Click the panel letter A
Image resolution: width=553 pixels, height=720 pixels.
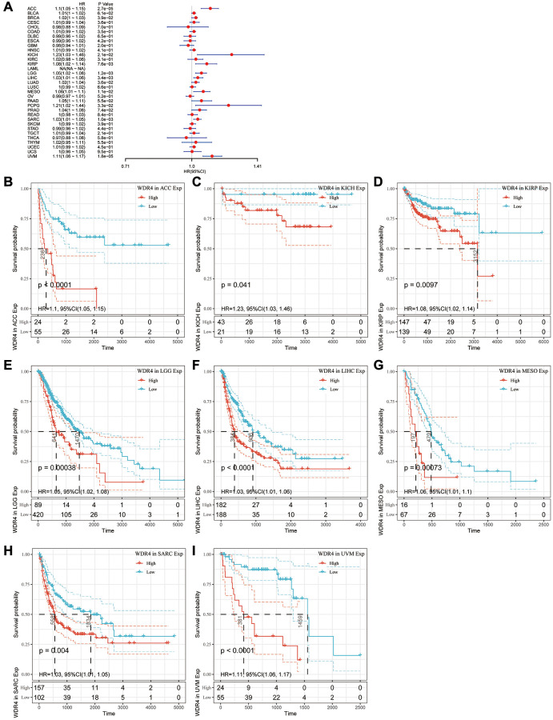point(6,6)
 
